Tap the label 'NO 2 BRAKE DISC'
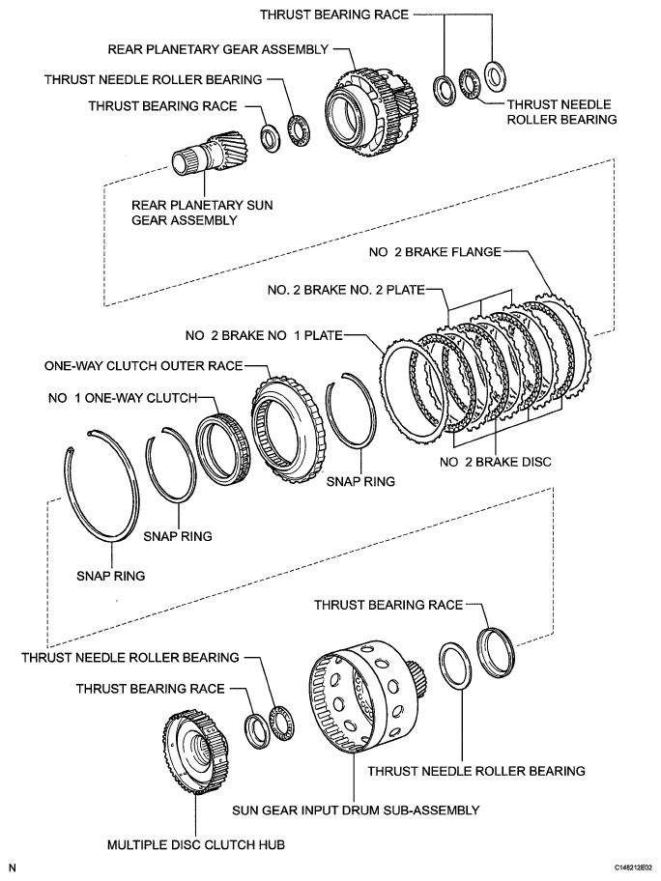click(495, 462)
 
